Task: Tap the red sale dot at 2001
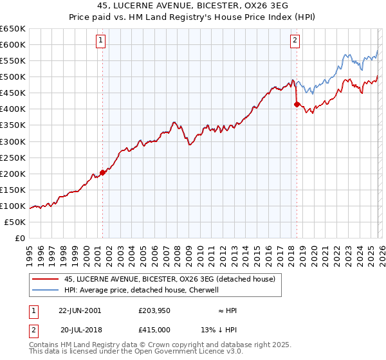click(102, 172)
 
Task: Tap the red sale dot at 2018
click(297, 104)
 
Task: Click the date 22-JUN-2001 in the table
click(80, 310)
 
